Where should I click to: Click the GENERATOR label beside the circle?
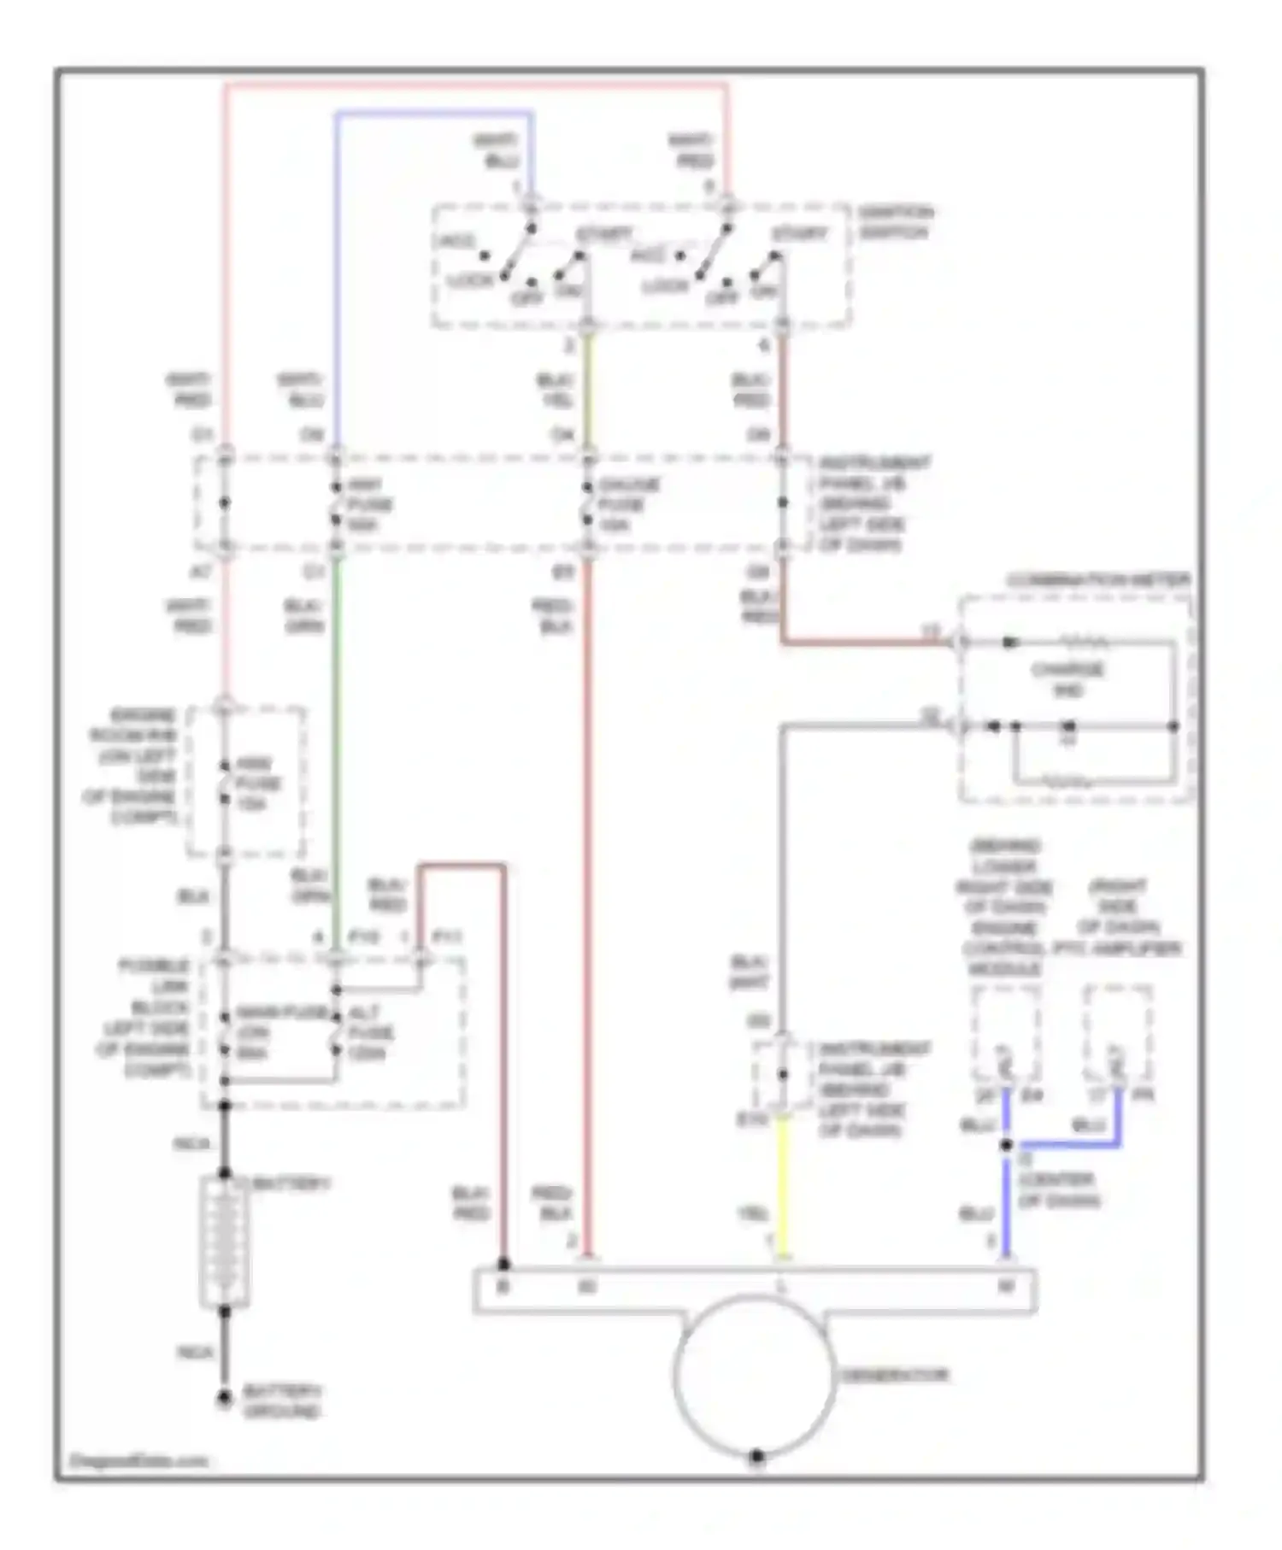(894, 1376)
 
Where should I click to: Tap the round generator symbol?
(754, 1377)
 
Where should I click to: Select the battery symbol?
(225, 1243)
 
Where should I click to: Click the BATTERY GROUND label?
(282, 1402)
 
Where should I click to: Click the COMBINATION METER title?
(1097, 581)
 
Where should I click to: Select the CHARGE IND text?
(1067, 680)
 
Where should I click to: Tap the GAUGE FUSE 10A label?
(628, 504)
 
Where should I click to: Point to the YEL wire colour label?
(753, 1214)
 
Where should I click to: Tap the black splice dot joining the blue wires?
(1007, 1145)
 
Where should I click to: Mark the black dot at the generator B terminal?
(503, 1264)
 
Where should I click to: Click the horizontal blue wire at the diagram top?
(434, 112)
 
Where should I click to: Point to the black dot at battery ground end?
(225, 1399)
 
